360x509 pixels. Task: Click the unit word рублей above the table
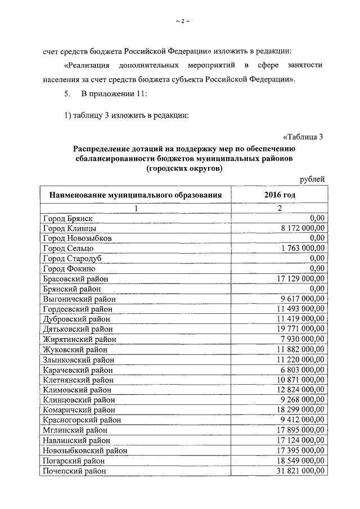(311, 179)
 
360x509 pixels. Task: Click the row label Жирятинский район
(78, 339)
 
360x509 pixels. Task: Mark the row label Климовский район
(76, 390)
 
